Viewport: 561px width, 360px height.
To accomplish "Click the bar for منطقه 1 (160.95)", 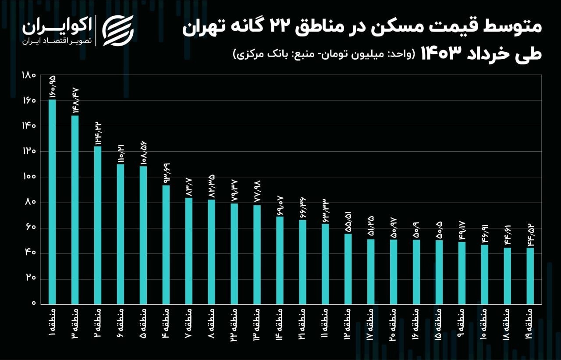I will [52, 202].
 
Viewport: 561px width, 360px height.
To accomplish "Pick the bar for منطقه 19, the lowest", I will [530, 276].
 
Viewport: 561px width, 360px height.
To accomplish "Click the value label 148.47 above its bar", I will [75, 100].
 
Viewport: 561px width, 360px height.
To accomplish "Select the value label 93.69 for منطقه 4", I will [166, 173].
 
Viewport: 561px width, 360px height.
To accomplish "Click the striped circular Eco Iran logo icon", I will [118, 30].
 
